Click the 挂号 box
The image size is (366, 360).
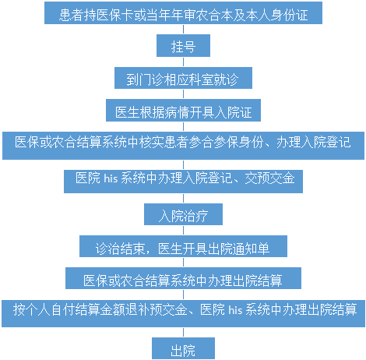click(183, 45)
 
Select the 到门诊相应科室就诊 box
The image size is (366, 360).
click(183, 78)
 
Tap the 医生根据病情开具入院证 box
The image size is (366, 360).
click(183, 110)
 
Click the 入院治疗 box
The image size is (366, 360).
click(183, 214)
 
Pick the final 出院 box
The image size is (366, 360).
click(183, 348)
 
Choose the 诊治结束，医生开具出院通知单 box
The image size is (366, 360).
click(183, 246)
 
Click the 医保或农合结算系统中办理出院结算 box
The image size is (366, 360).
click(183, 278)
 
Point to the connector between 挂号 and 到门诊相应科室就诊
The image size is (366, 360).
click(184, 62)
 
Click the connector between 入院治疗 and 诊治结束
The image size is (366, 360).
click(184, 231)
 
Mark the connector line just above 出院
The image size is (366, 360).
click(184, 333)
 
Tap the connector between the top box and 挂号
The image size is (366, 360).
click(184, 30)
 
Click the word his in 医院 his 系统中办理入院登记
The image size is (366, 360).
click(111, 178)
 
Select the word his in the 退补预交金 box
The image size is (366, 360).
click(235, 309)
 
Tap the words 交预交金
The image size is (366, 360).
click(270, 178)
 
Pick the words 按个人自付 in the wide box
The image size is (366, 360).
click(38, 309)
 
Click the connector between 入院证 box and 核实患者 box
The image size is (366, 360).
click(184, 126)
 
